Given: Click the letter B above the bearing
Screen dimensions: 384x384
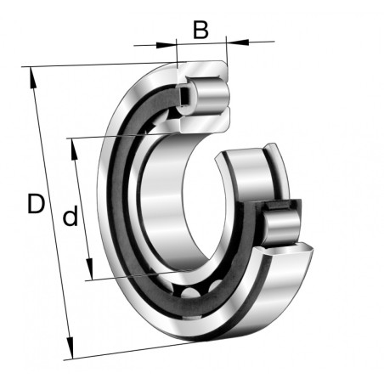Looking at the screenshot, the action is pos(200,30).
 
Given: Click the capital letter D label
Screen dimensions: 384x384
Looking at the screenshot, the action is pos(36,204).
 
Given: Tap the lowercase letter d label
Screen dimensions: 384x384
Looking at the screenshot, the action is pos(70,216).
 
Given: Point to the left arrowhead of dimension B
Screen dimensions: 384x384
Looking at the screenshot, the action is pos(166,45).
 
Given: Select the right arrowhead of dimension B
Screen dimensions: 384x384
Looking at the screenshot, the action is pos(238,42).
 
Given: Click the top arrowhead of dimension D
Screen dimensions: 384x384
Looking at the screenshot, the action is pos(32,78).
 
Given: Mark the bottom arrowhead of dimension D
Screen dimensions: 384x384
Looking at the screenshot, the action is pos(70,348).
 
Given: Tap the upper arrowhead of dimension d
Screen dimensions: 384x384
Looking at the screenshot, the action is pos(75,149).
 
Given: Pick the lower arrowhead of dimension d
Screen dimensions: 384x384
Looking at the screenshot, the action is pos(90,268).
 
